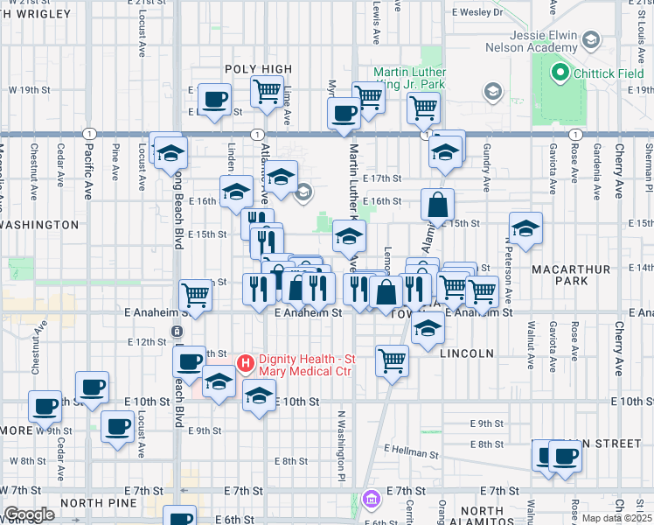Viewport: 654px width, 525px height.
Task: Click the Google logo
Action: point(28,514)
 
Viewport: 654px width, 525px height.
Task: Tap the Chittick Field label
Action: point(609,73)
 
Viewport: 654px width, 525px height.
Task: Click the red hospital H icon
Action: point(246,361)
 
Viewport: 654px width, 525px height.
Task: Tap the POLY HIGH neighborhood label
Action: point(258,69)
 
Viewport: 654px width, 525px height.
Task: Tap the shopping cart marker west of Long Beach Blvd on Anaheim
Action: point(196,296)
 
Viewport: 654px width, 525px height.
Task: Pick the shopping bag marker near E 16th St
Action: point(437,205)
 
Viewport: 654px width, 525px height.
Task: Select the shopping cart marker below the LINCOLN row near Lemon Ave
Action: point(393,360)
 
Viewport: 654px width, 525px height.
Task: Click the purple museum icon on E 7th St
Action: point(372,497)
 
